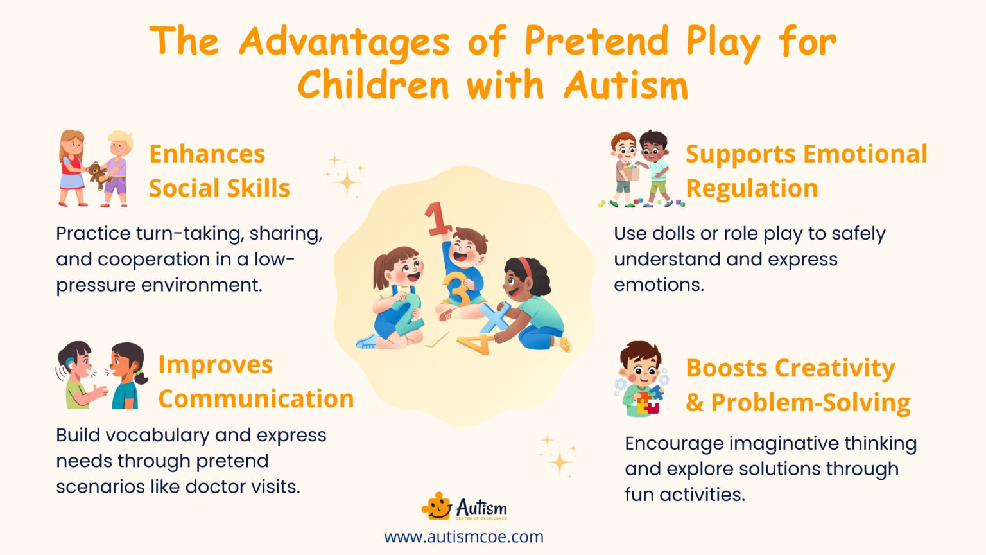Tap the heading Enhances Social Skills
coord(219,171)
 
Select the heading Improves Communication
coord(255,382)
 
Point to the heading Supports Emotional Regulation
coord(806,171)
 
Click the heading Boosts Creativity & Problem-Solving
coord(797,385)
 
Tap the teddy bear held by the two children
coord(97,173)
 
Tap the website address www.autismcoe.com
coord(463,536)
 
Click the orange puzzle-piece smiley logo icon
coord(437,507)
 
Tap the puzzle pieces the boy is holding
coord(648,402)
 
